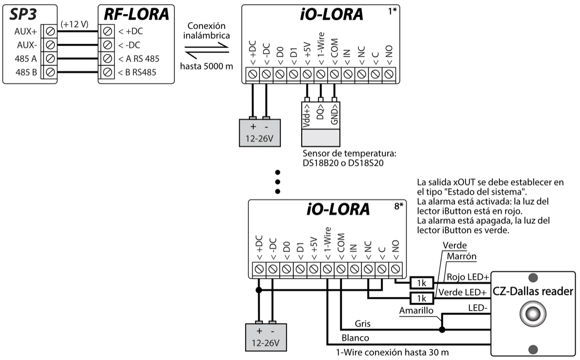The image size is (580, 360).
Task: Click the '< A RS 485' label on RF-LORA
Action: point(138,59)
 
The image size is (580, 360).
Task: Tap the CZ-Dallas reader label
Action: point(533,291)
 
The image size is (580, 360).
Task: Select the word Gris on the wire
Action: point(362,323)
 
